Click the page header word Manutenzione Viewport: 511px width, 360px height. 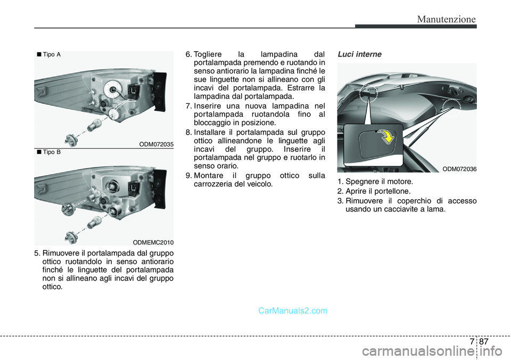[446, 19]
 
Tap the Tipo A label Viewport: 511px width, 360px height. [49, 54]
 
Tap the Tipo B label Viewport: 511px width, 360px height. [49, 152]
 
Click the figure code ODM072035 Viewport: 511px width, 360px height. [156, 144]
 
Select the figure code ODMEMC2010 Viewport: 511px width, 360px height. [153, 242]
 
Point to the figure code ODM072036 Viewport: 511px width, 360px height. [459, 169]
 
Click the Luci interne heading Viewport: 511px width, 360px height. [359, 54]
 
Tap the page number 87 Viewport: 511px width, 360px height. [484, 341]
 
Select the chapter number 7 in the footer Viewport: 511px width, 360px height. [472, 341]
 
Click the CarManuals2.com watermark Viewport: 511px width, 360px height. [293, 310]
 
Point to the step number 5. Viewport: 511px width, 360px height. [37, 253]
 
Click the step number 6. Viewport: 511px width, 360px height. [188, 54]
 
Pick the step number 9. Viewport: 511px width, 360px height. [188, 175]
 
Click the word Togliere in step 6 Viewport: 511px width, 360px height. [208, 54]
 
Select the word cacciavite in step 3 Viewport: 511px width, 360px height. [401, 209]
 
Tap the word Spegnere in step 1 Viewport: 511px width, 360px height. [360, 182]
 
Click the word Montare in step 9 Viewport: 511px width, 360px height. [209, 175]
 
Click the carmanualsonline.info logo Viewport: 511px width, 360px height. [432, 351]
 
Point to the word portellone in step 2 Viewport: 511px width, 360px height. [393, 191]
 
